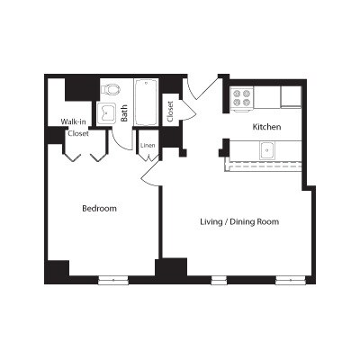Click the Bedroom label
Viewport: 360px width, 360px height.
coord(100,208)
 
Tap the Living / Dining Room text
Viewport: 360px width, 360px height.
coord(238,220)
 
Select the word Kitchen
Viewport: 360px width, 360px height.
coord(267,127)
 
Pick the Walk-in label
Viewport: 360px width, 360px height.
coord(74,121)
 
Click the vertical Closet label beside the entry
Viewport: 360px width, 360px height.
coord(170,111)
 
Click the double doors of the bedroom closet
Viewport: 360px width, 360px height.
coord(86,151)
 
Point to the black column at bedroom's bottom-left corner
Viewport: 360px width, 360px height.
coord(58,269)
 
